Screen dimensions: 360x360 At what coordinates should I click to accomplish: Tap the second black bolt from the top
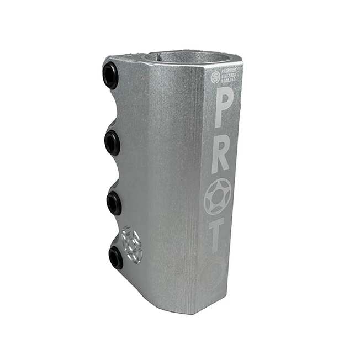coord(113,144)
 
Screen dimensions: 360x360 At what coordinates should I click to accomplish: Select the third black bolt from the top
coord(114,203)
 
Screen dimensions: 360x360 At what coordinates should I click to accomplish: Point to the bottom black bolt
coord(116,257)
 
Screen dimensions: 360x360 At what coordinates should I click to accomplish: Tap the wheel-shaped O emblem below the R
coord(218,197)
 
